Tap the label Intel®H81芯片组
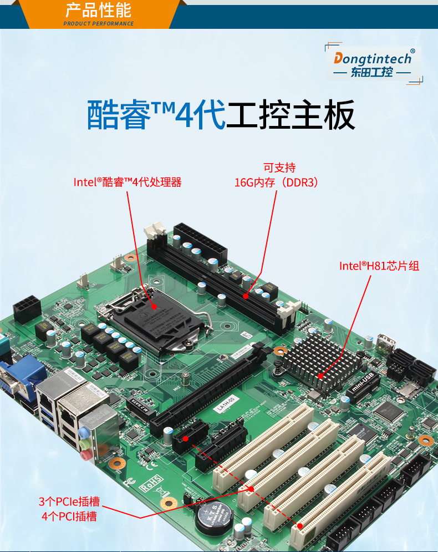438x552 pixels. pos(379,266)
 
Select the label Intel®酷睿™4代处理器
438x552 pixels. pos(128,182)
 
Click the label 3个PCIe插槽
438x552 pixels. pos(69,502)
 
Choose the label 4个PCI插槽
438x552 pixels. pos(69,516)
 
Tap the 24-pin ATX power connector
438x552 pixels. pos(200,244)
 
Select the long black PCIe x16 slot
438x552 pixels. pos(211,388)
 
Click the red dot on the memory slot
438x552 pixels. pos(246,296)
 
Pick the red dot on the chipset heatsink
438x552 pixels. pos(320,376)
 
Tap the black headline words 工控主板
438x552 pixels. pos(291,117)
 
